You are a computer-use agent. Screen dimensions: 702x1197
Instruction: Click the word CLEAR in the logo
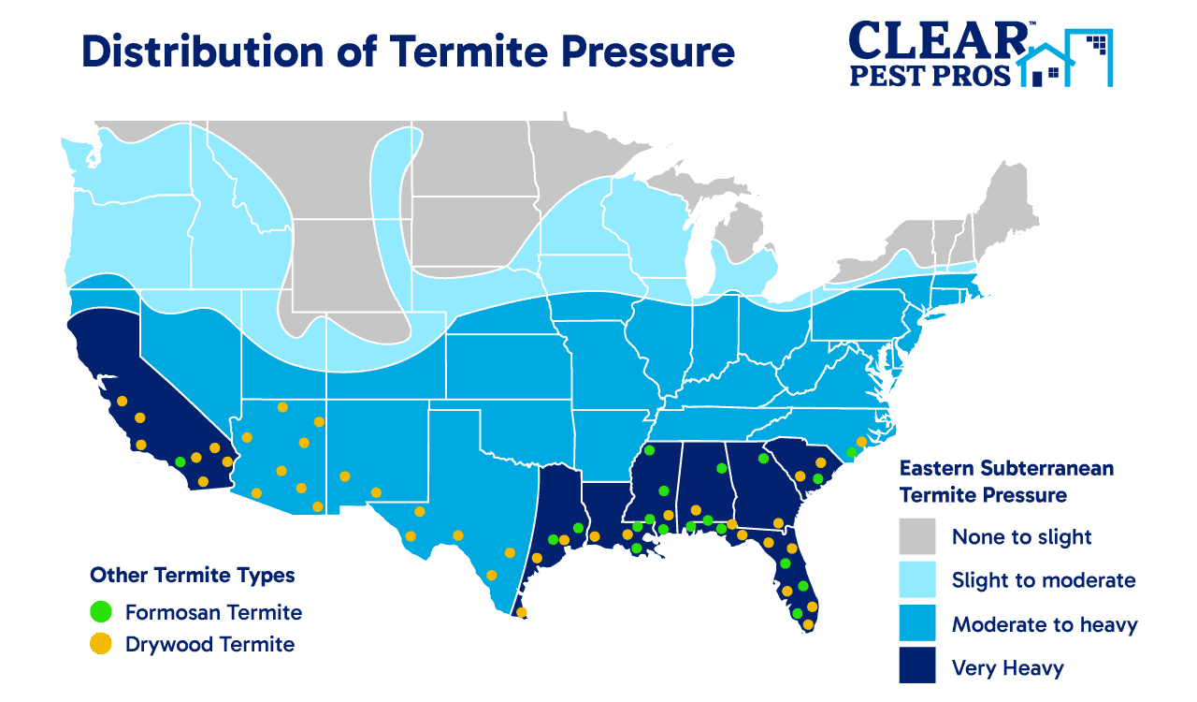coord(935,38)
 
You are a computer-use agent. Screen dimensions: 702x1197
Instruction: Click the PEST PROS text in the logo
coord(930,74)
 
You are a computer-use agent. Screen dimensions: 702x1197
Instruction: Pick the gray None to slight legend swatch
coord(917,536)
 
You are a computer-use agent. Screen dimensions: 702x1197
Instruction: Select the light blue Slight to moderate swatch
coord(917,580)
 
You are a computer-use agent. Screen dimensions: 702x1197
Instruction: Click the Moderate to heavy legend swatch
coord(917,624)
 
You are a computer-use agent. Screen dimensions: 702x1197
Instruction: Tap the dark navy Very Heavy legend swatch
coord(917,667)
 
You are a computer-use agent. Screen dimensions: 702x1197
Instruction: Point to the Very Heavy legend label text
coord(1007,668)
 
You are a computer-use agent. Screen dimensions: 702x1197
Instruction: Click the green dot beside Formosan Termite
coord(100,612)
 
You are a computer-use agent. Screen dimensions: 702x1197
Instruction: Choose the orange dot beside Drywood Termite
coord(100,644)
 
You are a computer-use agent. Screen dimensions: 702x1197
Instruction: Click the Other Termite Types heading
coord(192,575)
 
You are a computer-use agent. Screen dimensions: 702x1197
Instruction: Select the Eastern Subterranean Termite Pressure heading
coord(1005,480)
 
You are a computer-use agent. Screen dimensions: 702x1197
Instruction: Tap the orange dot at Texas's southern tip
coord(522,613)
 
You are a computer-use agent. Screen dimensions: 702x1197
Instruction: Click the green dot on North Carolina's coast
coord(850,452)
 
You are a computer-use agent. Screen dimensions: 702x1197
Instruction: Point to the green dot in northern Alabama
coord(721,468)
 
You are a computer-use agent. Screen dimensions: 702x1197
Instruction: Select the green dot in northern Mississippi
coord(649,451)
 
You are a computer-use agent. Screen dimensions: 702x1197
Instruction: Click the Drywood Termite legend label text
coord(209,644)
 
